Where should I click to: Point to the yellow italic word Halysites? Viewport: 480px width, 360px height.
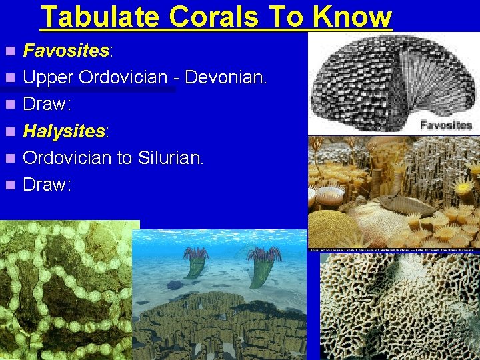point(64,131)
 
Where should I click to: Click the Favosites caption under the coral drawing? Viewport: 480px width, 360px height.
point(446,125)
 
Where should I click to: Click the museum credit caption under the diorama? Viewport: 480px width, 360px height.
point(393,249)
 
